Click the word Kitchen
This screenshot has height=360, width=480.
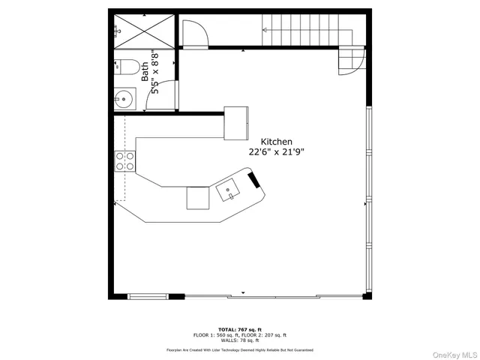coord(276,142)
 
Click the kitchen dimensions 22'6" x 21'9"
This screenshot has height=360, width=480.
coord(276,151)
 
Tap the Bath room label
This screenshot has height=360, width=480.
coord(145,70)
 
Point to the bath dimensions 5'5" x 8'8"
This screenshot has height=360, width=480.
coord(154,70)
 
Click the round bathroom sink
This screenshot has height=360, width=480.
coord(124,97)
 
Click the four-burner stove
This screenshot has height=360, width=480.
coord(124,161)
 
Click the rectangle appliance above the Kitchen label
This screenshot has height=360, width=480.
coord(236,122)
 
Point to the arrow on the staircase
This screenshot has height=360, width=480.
coord(264,31)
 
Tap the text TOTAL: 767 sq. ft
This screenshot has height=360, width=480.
coord(239,329)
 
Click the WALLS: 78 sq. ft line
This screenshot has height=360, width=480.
coord(239,340)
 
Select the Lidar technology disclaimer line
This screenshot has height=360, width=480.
coord(239,350)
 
